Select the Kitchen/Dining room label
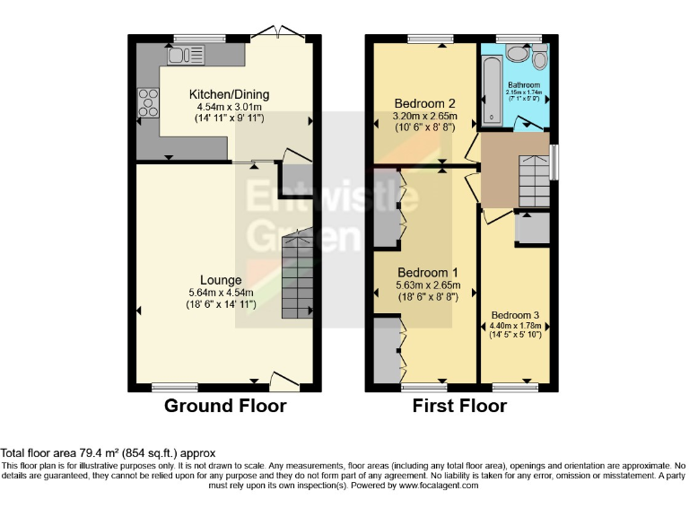(228, 94)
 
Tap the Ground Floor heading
(225, 406)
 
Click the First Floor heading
(459, 406)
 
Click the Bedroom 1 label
(428, 273)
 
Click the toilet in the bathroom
(539, 58)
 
